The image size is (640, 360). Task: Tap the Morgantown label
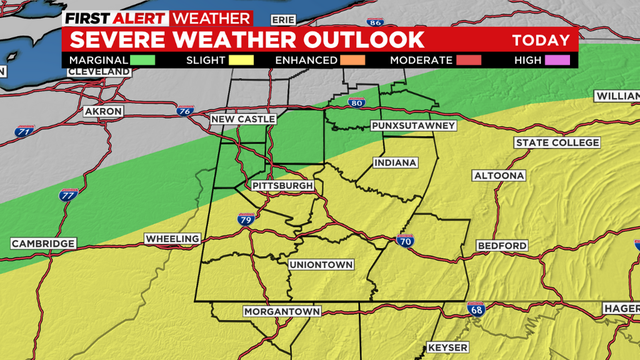281,312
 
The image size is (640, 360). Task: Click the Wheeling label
172,240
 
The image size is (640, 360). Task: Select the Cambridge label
43,244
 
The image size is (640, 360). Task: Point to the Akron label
102,111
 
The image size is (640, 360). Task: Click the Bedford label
502,246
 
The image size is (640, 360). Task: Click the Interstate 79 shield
246,219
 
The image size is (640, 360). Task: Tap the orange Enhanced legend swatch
350,61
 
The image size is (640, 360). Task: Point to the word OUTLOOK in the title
358,40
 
